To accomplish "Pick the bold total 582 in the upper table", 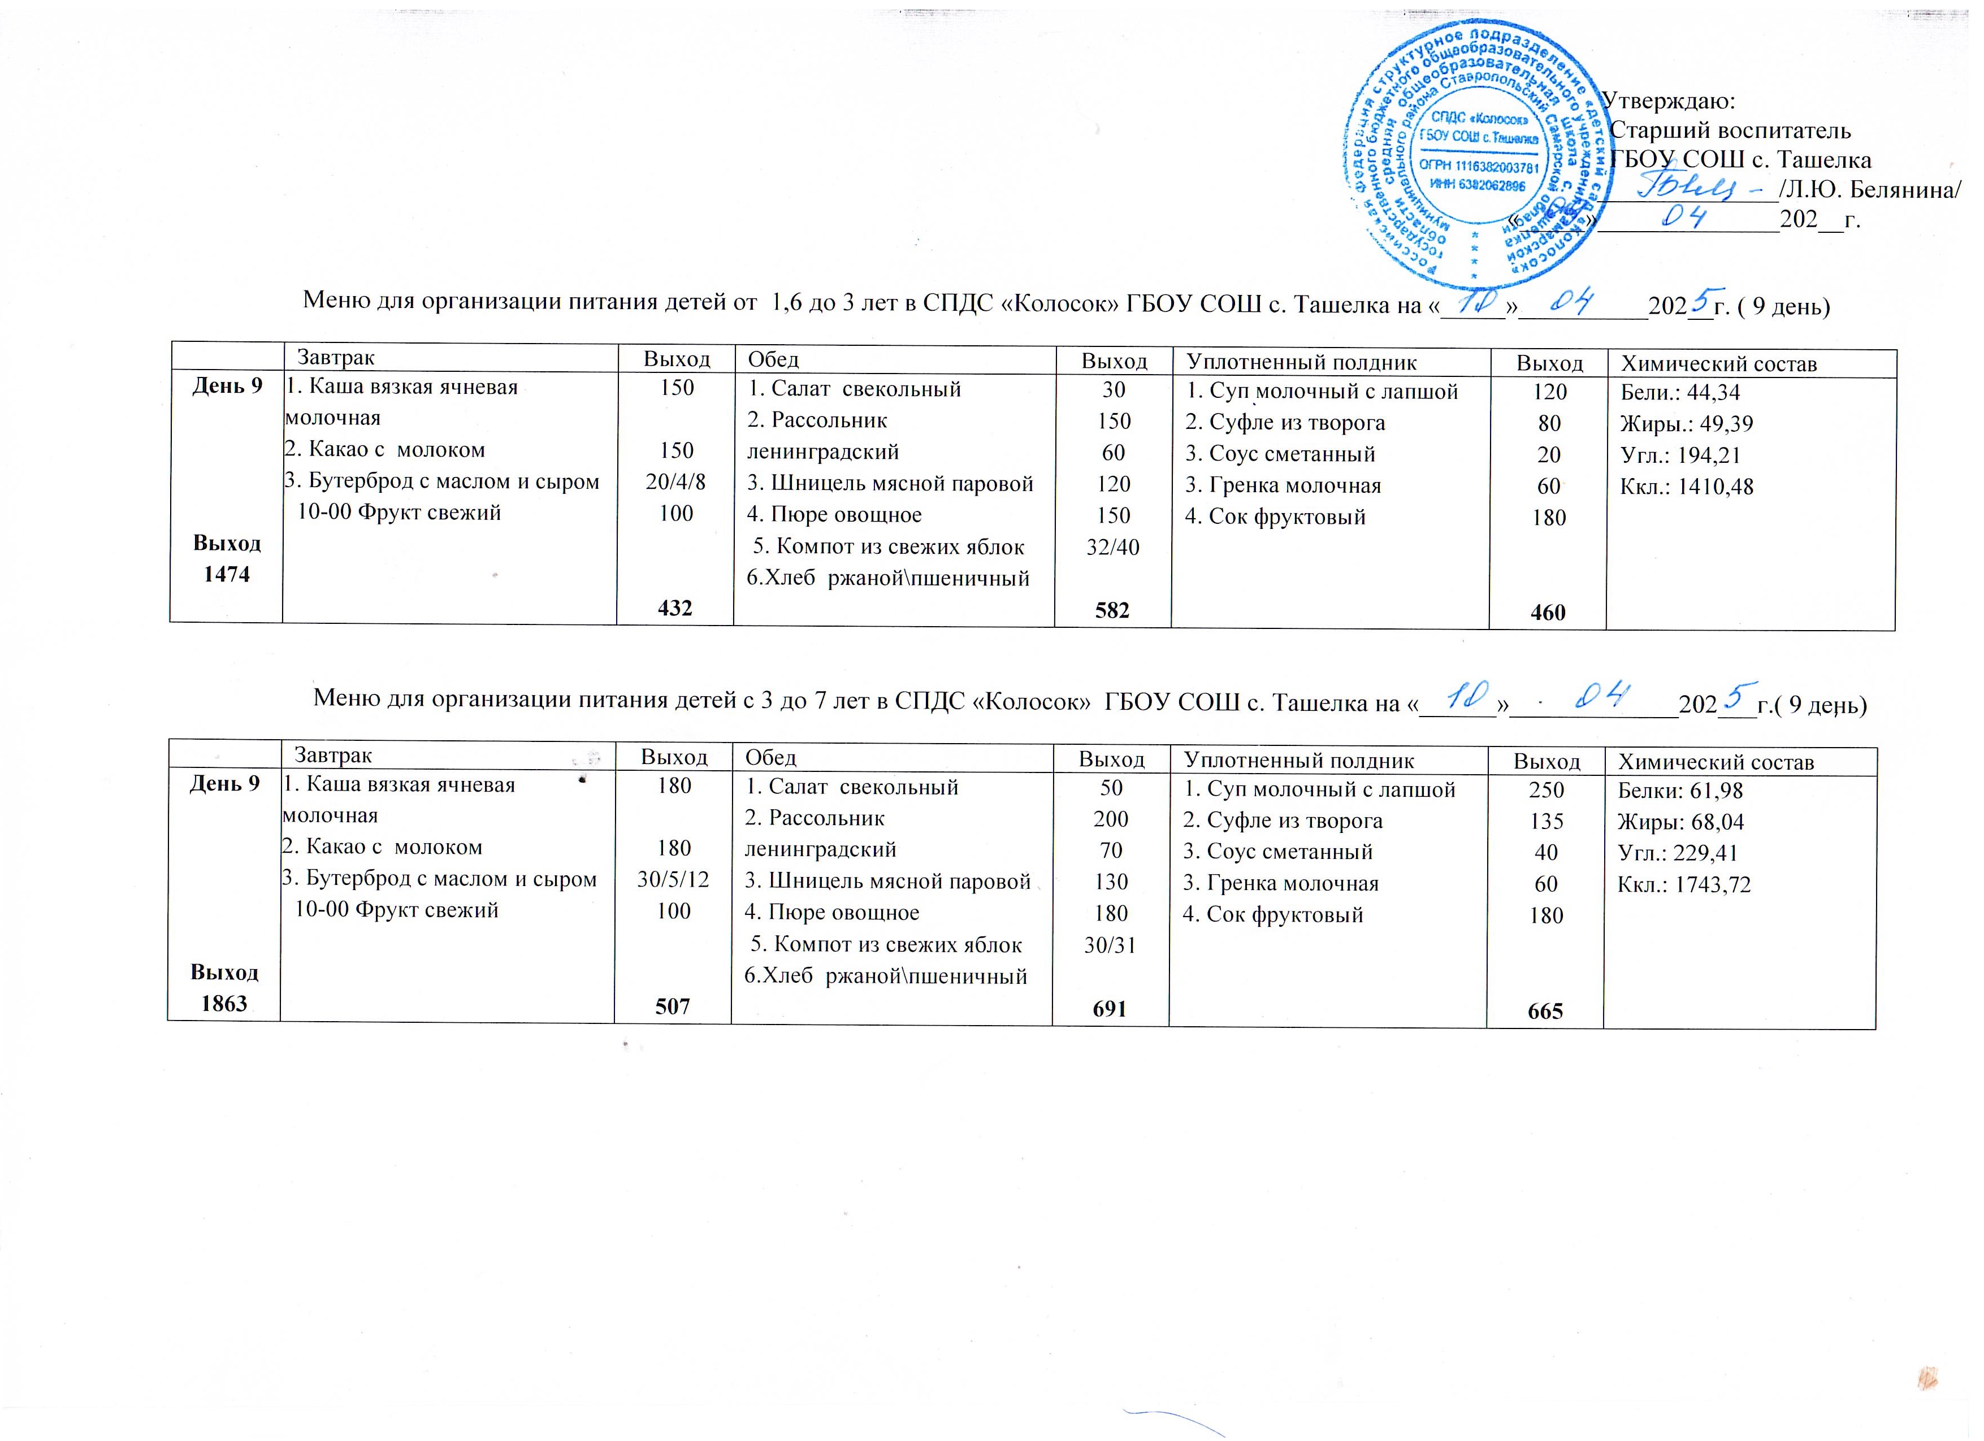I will click(1112, 610).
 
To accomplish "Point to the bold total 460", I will click(1548, 612).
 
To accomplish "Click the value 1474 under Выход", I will click(227, 575).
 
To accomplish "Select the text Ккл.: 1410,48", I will click(1687, 487).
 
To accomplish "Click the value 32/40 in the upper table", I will click(1113, 548).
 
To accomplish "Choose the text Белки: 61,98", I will click(1679, 791).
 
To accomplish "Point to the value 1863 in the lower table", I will click(225, 1003).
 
